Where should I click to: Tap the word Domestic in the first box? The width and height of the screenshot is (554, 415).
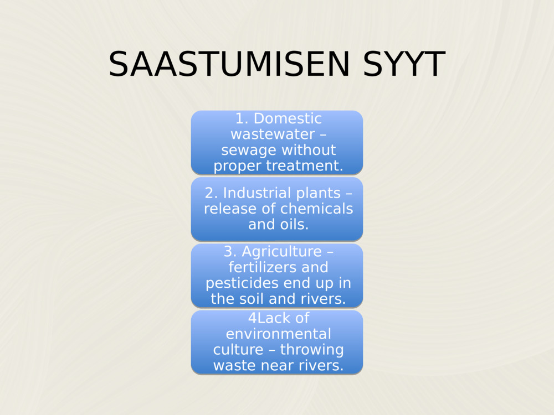(x=287, y=118)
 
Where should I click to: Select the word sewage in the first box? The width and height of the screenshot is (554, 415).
(x=244, y=150)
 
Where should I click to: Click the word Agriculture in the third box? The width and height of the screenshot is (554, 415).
(x=281, y=252)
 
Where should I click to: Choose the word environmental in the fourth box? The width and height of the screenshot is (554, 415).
(x=278, y=334)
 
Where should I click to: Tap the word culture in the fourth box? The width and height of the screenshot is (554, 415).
(x=236, y=350)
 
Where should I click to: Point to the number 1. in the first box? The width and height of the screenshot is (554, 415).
(x=242, y=118)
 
